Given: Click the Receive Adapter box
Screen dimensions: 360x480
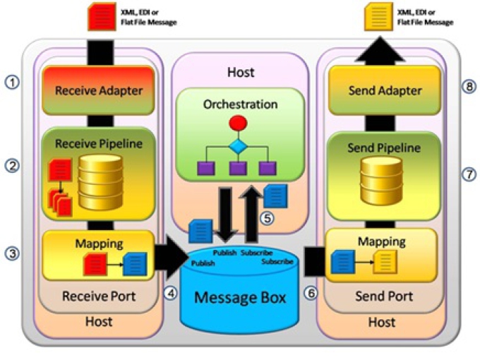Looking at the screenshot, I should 99,90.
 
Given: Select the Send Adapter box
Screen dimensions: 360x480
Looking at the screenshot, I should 385,90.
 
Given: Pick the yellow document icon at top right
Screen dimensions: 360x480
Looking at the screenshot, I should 376,16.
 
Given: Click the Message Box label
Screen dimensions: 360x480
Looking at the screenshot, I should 241,297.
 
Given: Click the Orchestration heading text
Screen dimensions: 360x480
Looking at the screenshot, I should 241,104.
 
